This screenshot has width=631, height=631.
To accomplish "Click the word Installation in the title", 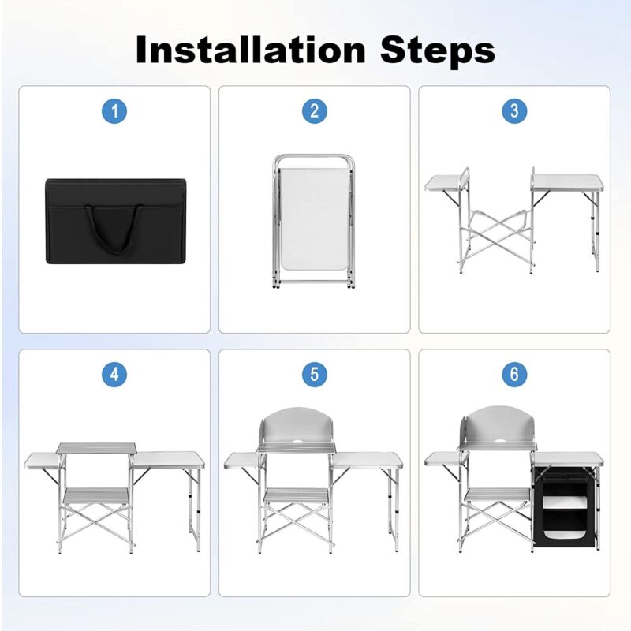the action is coord(250,50).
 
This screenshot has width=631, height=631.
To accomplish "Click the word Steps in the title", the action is coord(438,51).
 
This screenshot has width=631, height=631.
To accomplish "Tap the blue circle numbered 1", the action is coord(114,111).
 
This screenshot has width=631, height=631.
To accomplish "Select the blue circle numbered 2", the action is coord(315,111).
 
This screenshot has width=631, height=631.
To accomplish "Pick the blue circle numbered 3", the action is coord(514,111).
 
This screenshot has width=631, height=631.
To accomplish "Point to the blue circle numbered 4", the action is coord(114,375).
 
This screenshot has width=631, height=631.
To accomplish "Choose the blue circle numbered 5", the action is coord(315,375).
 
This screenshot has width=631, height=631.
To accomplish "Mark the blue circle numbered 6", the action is coord(514,375).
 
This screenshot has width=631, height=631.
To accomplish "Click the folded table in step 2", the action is coord(314,222).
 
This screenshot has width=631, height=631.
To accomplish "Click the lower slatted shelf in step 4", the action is coord(96,496).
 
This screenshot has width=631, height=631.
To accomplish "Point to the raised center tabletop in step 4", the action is coord(96,447).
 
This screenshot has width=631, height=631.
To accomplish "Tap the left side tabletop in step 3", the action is coord(446,184).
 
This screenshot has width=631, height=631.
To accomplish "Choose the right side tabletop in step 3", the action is coord(567,183).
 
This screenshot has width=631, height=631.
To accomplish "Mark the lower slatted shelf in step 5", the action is coord(296,496).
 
